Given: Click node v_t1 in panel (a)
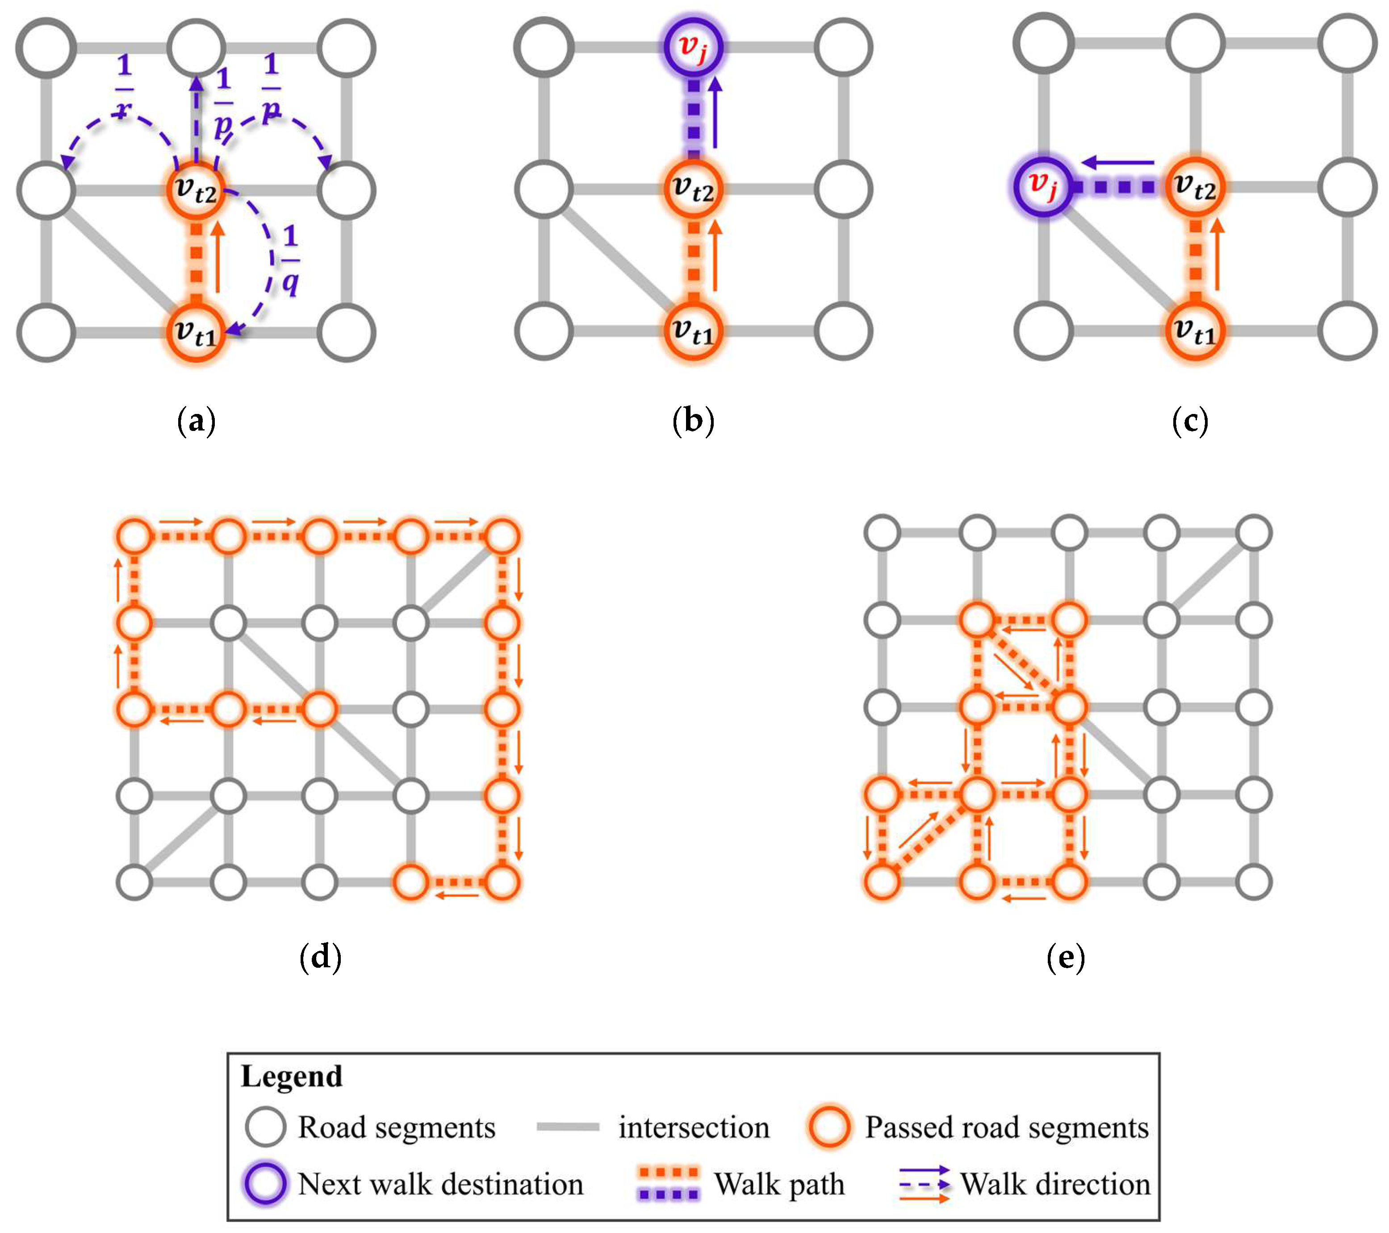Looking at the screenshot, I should (196, 333).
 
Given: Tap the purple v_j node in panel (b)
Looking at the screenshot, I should (693, 47).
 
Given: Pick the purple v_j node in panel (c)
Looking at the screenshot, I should (1043, 187).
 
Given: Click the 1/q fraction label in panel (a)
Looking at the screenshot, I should (290, 260).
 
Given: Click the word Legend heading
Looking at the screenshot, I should (292, 1077).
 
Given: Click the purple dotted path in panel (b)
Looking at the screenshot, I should (693, 119).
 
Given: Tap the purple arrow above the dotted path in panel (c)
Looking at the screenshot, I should (1118, 163).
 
